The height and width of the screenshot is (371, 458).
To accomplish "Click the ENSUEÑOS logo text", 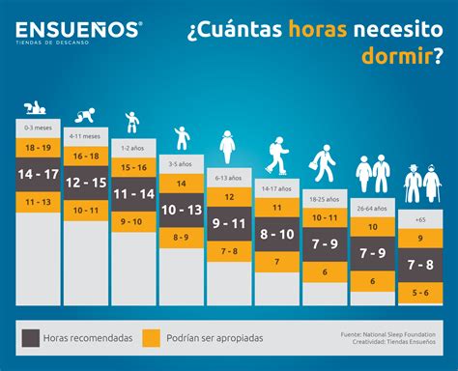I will click(x=78, y=28).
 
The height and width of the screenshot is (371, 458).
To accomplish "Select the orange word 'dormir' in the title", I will click(x=397, y=56).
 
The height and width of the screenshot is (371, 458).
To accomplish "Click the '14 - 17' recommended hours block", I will click(x=39, y=174).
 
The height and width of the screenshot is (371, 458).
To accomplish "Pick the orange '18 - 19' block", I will click(x=39, y=148).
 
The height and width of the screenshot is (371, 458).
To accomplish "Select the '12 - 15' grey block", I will click(x=85, y=183).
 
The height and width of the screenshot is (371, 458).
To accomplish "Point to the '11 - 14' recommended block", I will click(x=132, y=193).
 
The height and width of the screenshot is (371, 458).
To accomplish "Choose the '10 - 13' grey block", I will click(x=180, y=210).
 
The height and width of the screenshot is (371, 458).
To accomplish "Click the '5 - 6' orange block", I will click(x=419, y=292).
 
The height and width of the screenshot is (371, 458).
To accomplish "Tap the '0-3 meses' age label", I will click(x=39, y=127).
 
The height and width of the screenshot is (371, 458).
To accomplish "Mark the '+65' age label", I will click(x=419, y=219).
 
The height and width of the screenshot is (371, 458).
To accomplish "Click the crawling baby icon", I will click(x=85, y=115).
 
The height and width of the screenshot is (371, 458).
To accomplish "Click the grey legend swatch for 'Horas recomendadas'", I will click(x=30, y=337).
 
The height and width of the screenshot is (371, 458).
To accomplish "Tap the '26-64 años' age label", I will click(x=372, y=206).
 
